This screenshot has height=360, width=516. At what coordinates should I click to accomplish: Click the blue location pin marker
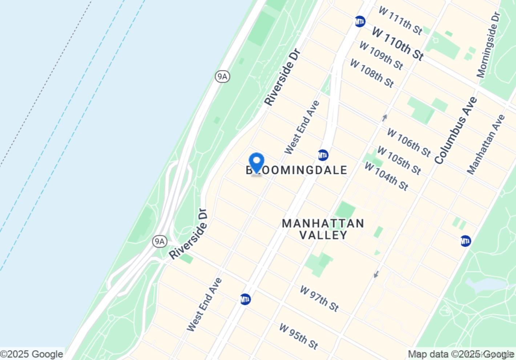pos(257,162)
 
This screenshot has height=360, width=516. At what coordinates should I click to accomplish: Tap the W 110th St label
pos(398,44)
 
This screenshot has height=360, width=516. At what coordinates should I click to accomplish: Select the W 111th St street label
pos(400,20)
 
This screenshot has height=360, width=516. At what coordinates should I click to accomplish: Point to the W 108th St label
pos(372,73)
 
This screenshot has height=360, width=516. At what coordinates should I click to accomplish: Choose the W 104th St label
pos(386,176)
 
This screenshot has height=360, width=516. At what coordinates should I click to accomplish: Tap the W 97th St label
pos(319,299)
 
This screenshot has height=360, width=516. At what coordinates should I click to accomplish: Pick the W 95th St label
pos(298,336)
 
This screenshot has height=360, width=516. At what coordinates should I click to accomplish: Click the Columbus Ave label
pos(455,131)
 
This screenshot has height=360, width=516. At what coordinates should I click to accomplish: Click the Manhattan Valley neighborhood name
pos(323,229)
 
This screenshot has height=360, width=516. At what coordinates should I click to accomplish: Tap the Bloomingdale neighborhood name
pos(297,170)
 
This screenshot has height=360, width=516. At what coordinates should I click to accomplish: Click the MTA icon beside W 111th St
pos(360,21)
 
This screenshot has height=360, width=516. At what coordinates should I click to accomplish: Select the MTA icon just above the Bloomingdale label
pos(323,155)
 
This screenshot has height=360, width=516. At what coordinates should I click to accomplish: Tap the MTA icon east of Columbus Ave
pos(465,241)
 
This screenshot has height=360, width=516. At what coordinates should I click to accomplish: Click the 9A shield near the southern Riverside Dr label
pos(159,241)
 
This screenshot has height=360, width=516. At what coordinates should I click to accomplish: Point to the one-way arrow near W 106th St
pos(384,118)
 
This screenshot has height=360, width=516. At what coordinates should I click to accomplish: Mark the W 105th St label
pos(399,160)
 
